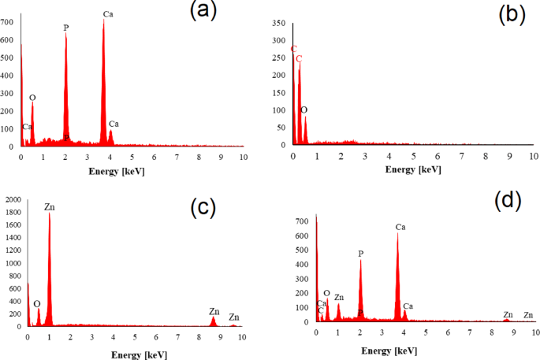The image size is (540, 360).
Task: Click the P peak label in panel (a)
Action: (66, 28)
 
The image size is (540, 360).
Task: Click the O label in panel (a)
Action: (32, 98)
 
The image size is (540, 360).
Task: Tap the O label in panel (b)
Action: (304, 110)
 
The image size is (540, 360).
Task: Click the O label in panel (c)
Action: (36, 303)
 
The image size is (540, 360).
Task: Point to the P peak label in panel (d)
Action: (360, 254)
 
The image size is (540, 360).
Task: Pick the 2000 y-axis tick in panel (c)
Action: (13, 200)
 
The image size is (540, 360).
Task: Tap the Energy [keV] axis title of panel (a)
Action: (116, 170)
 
